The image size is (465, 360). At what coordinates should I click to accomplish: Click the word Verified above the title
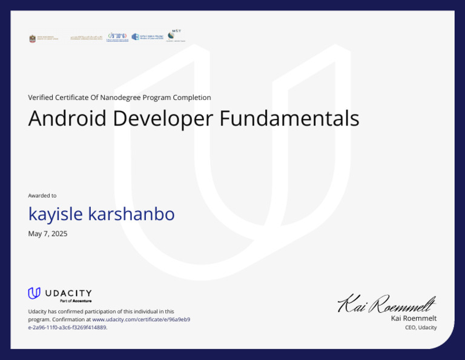coord(41,98)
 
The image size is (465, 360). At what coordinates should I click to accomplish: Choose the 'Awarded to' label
coord(42,196)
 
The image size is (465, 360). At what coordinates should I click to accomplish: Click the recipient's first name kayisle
coord(55,214)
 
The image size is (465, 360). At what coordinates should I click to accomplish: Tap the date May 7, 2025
coord(48,233)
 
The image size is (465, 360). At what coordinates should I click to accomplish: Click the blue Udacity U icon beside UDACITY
coord(34,293)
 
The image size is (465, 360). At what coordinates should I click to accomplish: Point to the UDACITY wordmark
coord(68,293)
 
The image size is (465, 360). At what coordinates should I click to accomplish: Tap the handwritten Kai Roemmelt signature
coord(386,303)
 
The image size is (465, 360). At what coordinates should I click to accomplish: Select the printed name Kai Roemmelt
coord(414,318)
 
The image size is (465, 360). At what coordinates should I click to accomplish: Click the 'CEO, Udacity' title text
coord(421,327)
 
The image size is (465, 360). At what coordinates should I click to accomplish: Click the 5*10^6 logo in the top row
coord(117,37)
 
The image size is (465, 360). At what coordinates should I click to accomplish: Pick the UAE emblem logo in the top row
coord(33,38)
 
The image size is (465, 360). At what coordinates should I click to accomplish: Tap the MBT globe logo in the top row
coord(176,36)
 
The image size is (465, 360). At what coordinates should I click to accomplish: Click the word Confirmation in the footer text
coord(71,319)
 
